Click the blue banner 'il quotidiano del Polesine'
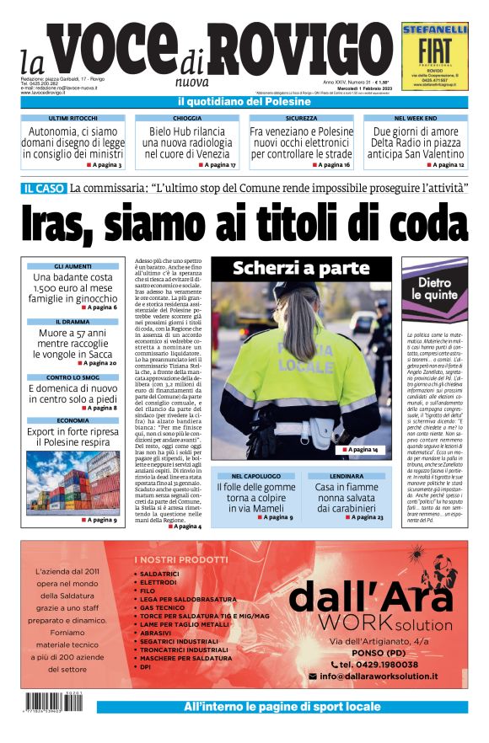coord(244,102)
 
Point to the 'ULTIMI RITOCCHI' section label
coord(74,119)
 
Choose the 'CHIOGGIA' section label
coord(187,119)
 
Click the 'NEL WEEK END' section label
coord(416,119)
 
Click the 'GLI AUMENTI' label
coord(72,266)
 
